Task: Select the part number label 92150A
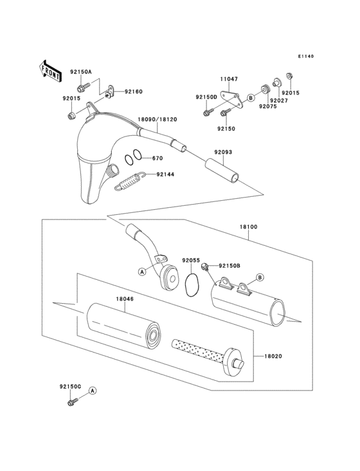[x=82, y=72]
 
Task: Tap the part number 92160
[x=133, y=92]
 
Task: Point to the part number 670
[x=157, y=158]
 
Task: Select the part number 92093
[x=215, y=152]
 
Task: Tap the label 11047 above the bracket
[x=229, y=79]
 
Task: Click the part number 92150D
[x=206, y=97]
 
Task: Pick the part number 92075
[x=267, y=107]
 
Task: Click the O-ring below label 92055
[x=190, y=285]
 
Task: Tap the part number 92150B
[x=229, y=266]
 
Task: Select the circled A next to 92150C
[x=92, y=391]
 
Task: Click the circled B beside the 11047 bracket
[x=249, y=98]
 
